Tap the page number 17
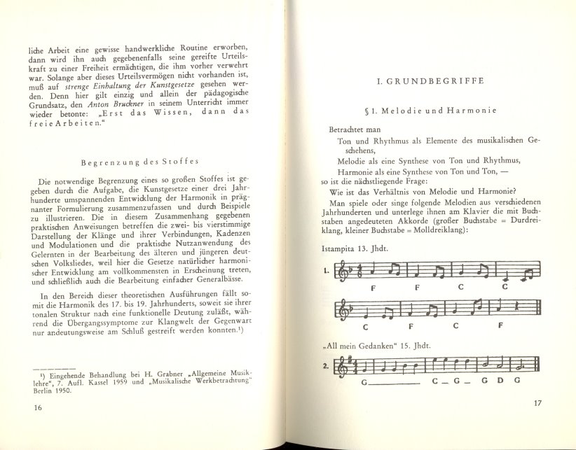click(x=537, y=403)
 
